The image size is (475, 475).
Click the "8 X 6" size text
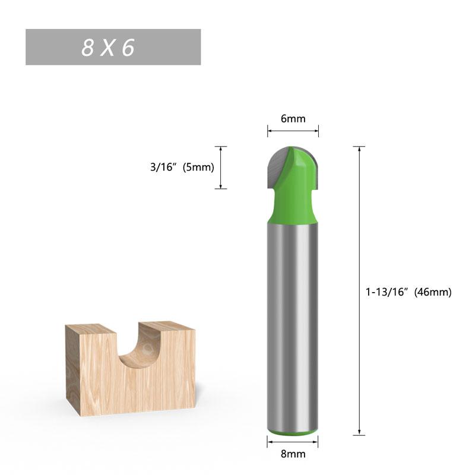tap(109, 48)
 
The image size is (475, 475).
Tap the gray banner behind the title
tap(172, 47)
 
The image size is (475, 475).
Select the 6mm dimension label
tap(293, 119)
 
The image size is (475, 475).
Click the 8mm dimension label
tap(293, 454)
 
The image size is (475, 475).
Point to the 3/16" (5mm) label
tap(182, 167)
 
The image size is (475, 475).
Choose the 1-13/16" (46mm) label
tap(408, 292)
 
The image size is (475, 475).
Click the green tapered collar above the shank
tap(292, 211)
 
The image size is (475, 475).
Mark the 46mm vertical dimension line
tap(359, 291)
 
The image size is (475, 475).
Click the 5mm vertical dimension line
tap(221, 167)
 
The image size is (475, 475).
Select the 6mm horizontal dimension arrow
tap(293, 131)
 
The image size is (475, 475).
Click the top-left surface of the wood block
tap(89, 329)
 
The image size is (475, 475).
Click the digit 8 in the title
tap(88, 48)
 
